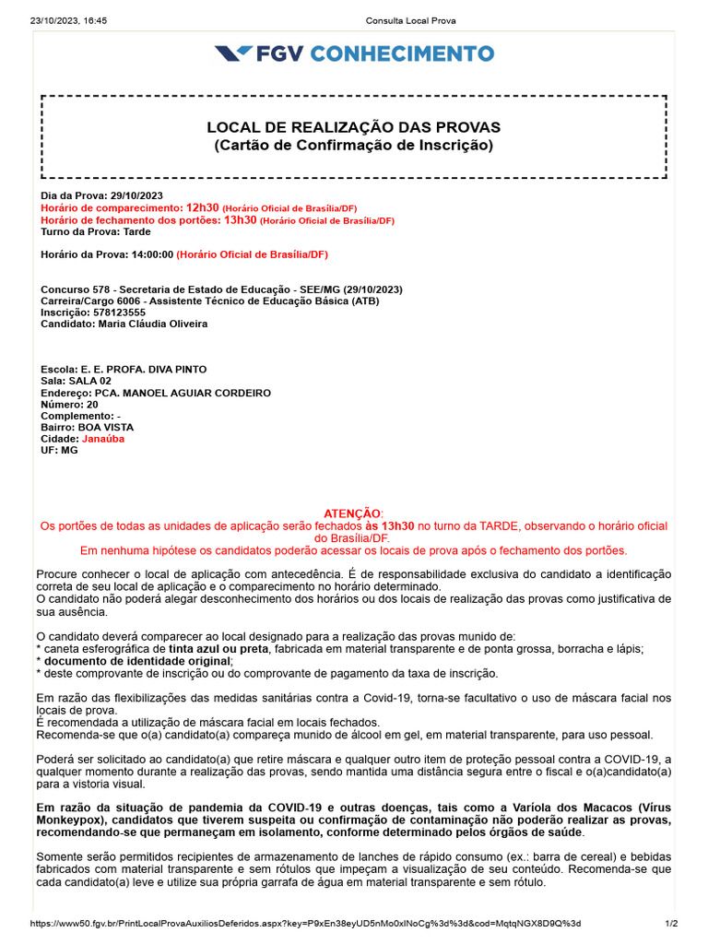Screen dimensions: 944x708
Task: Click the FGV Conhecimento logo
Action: (354, 53)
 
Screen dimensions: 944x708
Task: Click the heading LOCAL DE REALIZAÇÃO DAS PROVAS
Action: (354, 127)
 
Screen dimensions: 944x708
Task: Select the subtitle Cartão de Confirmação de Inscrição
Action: (354, 146)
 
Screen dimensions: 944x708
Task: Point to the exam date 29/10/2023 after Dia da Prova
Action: (136, 196)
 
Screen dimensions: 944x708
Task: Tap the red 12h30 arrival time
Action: (202, 208)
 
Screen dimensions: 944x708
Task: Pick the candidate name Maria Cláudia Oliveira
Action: (151, 324)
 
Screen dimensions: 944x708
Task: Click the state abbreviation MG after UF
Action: (69, 451)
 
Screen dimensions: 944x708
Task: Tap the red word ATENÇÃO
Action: (353, 513)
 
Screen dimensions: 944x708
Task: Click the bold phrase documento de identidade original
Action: (151, 661)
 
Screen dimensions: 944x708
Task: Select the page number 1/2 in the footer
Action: (671, 924)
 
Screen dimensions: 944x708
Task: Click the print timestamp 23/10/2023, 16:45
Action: (69, 20)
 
